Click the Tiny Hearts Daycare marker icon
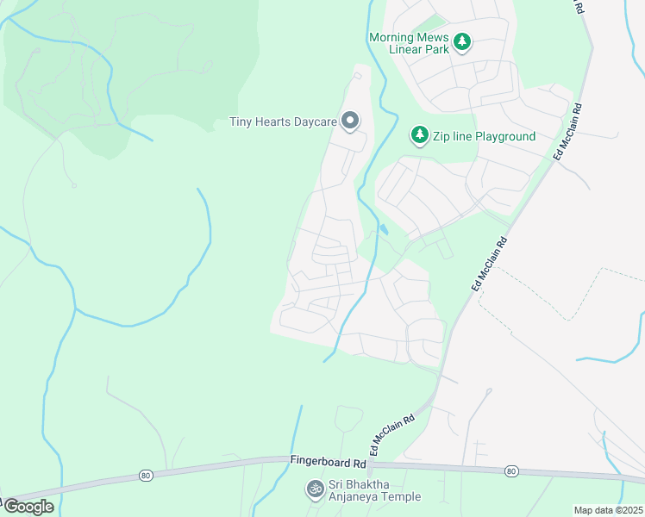tap(349, 121)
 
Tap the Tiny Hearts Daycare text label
tap(283, 121)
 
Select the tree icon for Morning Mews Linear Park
tap(462, 42)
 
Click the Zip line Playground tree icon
tap(420, 135)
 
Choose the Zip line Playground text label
tap(485, 136)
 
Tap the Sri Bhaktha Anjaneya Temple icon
tap(315, 489)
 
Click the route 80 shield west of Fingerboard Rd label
tap(145, 475)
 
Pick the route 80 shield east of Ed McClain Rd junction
tap(511, 470)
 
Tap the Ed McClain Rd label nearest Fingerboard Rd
tap(391, 434)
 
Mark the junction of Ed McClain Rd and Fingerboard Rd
tap(368, 464)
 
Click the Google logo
tap(28, 507)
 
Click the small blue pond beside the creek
tap(382, 230)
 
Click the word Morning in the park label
tap(393, 37)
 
